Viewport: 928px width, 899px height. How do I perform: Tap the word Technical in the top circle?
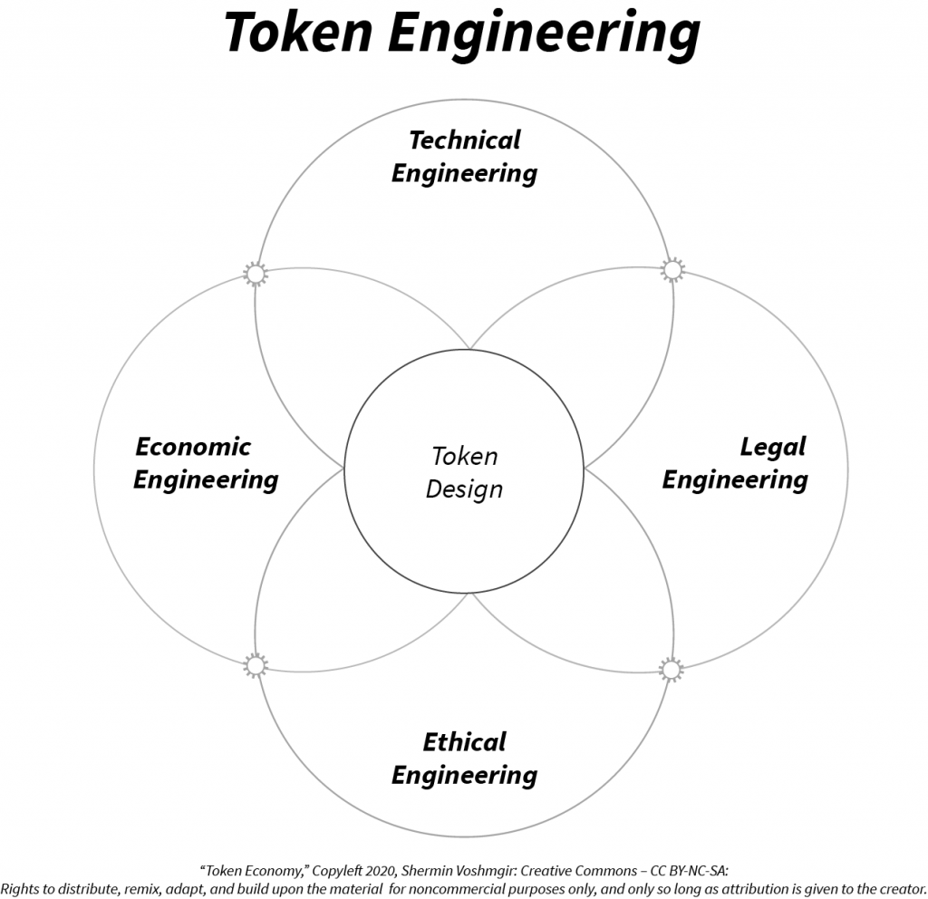(465, 140)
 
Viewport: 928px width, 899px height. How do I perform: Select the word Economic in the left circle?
(193, 446)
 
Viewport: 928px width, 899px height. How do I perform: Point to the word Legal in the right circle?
(772, 446)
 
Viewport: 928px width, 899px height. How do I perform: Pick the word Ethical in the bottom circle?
(464, 742)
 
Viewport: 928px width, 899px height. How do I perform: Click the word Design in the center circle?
(464, 489)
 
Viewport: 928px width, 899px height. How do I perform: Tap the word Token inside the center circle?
(464, 456)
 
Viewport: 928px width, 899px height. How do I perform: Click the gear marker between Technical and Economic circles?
(256, 273)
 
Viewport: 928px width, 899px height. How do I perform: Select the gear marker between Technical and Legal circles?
(672, 270)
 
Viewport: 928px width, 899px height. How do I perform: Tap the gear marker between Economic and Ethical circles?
(256, 666)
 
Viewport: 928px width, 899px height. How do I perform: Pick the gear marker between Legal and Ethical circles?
(671, 670)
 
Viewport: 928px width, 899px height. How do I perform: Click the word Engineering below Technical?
(464, 173)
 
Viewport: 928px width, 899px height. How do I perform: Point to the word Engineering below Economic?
(206, 479)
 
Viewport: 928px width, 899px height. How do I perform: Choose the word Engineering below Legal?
(735, 479)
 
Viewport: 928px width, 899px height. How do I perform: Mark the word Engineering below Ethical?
(464, 776)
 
